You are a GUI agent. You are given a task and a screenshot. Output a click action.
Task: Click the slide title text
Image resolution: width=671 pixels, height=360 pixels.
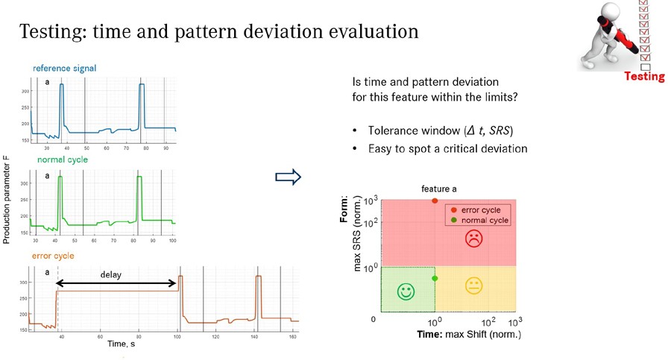(x=218, y=33)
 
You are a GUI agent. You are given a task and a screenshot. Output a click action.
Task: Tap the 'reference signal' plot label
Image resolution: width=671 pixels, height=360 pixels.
(x=64, y=69)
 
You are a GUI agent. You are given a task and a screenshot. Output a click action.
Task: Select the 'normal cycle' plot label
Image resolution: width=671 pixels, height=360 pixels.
(x=63, y=160)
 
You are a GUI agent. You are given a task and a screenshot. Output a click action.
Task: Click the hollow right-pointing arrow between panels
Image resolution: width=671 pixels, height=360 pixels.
(x=287, y=177)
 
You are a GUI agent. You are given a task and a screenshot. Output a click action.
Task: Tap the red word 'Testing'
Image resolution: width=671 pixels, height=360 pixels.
(x=643, y=77)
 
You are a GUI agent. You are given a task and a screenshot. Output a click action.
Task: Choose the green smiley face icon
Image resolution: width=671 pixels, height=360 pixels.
(x=406, y=291)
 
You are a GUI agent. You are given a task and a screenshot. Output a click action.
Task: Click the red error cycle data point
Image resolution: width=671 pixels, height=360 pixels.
(x=435, y=201)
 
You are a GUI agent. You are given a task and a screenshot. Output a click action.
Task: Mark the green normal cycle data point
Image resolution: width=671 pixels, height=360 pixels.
(x=435, y=278)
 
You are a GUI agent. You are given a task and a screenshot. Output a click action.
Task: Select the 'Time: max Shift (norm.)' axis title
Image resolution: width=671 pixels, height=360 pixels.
(x=468, y=334)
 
